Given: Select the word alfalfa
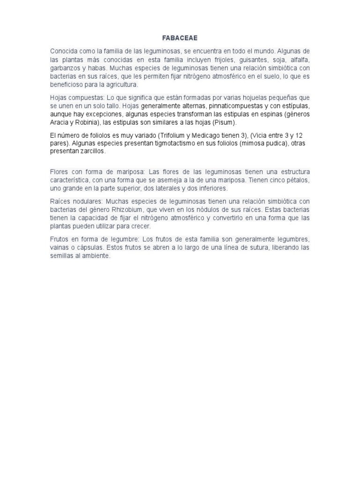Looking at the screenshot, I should coord(298,60).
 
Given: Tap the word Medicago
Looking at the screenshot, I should coord(210,135).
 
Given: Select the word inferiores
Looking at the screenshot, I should coord(211,188).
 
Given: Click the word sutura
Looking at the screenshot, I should coord(258,247).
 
